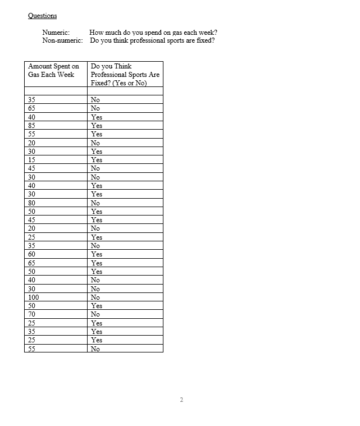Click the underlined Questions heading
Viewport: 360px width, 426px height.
pos(42,16)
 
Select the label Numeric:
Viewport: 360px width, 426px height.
pos(56,33)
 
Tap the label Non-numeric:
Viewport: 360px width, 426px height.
pos(62,40)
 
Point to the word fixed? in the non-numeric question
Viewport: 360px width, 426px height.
pos(205,40)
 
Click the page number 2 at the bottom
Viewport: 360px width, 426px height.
pos(181,400)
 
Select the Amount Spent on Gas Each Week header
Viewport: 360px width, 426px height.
pos(54,70)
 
